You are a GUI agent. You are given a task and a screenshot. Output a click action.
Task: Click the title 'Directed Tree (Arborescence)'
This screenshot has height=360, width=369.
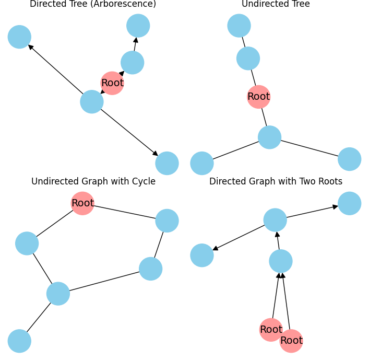[93, 4]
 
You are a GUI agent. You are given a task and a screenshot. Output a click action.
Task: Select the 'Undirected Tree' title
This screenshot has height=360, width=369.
[276, 4]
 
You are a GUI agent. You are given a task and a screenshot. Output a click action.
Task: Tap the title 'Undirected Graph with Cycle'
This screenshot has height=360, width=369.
[93, 181]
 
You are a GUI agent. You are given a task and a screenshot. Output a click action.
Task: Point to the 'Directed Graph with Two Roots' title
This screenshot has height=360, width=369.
[276, 181]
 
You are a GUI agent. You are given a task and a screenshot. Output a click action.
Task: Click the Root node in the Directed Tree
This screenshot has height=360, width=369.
[112, 83]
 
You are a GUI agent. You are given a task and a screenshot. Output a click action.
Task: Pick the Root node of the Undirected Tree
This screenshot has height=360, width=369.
[258, 97]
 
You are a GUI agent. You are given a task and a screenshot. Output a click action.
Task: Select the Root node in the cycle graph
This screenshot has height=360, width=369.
[82, 203]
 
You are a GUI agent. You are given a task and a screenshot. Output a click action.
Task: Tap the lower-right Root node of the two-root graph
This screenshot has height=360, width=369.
[291, 341]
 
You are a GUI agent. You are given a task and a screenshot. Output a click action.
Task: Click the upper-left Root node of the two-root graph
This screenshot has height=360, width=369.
[271, 330]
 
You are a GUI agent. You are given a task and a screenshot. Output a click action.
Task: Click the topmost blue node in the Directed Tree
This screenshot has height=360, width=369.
[138, 26]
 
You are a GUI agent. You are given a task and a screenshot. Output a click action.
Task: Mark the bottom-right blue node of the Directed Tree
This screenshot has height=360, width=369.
[167, 163]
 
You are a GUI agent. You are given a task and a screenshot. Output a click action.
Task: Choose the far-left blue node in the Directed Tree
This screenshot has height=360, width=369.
[19, 37]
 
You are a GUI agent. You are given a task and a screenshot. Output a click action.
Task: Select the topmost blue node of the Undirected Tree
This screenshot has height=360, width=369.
[239, 26]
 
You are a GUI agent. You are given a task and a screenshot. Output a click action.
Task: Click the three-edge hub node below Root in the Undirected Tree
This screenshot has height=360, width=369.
[270, 137]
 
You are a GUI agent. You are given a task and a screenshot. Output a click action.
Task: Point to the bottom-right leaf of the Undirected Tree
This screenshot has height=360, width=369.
[350, 159]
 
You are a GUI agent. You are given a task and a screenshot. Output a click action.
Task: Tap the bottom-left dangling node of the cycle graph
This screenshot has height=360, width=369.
[19, 341]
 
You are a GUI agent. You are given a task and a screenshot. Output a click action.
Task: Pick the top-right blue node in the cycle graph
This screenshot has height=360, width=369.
[167, 220]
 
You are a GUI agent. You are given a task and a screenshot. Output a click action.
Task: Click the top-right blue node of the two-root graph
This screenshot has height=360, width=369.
[350, 203]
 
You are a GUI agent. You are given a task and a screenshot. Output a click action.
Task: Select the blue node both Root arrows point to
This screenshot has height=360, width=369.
[281, 261]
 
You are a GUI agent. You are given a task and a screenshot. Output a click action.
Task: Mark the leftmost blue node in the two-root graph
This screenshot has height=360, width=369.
[202, 255]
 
